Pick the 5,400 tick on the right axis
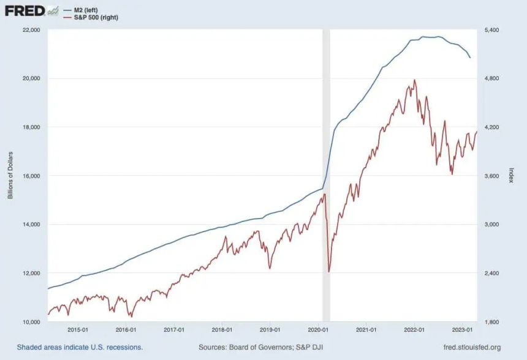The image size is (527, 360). pyautogui.click(x=491, y=30)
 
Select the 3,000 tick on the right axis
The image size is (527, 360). pyautogui.click(x=491, y=224)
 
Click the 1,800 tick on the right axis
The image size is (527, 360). pyautogui.click(x=491, y=321)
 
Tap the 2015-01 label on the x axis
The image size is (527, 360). pyautogui.click(x=78, y=330)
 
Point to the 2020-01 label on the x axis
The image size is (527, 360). pyautogui.click(x=318, y=330)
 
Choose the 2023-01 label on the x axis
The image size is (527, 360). pyautogui.click(x=463, y=330)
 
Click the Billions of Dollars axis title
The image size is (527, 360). pyautogui.click(x=10, y=175)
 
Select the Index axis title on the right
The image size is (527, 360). pyautogui.click(x=512, y=175)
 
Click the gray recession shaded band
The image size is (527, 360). pyautogui.click(x=326, y=175)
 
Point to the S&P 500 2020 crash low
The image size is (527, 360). pyautogui.click(x=328, y=272)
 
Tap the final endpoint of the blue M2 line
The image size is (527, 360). pyautogui.click(x=470, y=58)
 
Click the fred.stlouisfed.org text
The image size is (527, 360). pyautogui.click(x=472, y=347)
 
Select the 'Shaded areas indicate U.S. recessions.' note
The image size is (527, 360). pyautogui.click(x=80, y=347)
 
